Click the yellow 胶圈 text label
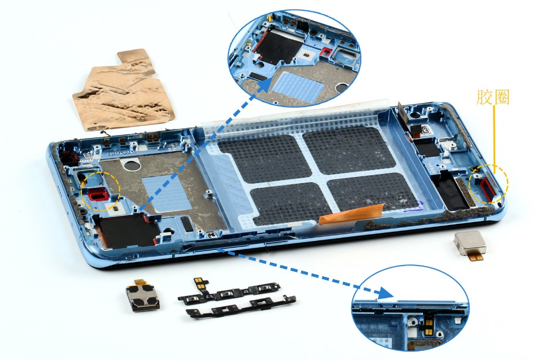493,97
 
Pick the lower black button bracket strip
241,306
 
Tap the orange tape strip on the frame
351,213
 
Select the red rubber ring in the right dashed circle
488,190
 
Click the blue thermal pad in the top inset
298,86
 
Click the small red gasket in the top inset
325,52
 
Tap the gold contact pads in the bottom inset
429,326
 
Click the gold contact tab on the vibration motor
477,256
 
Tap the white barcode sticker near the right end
427,130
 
